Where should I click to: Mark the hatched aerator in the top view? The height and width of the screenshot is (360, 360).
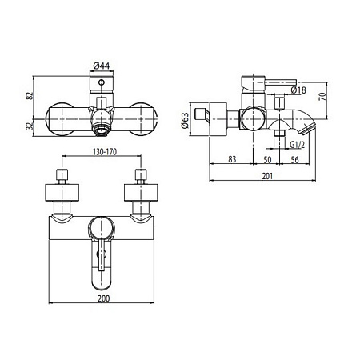coord(100,126)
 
